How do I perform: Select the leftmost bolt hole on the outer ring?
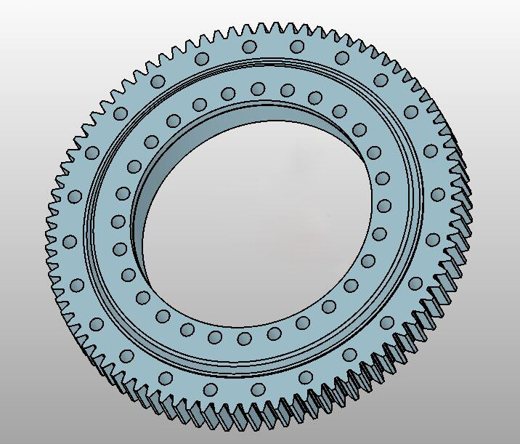[70, 241]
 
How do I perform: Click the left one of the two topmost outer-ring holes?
[249, 47]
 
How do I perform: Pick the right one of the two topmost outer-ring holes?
[296, 47]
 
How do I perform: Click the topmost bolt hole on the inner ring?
[257, 88]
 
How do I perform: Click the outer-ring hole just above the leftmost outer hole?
[75, 196]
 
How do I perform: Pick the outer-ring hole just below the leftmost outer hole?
[78, 283]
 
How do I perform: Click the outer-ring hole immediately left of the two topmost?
[203, 57]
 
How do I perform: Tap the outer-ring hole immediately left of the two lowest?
[166, 376]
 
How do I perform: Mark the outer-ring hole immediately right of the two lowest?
[306, 377]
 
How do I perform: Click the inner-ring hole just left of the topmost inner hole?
[228, 92]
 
